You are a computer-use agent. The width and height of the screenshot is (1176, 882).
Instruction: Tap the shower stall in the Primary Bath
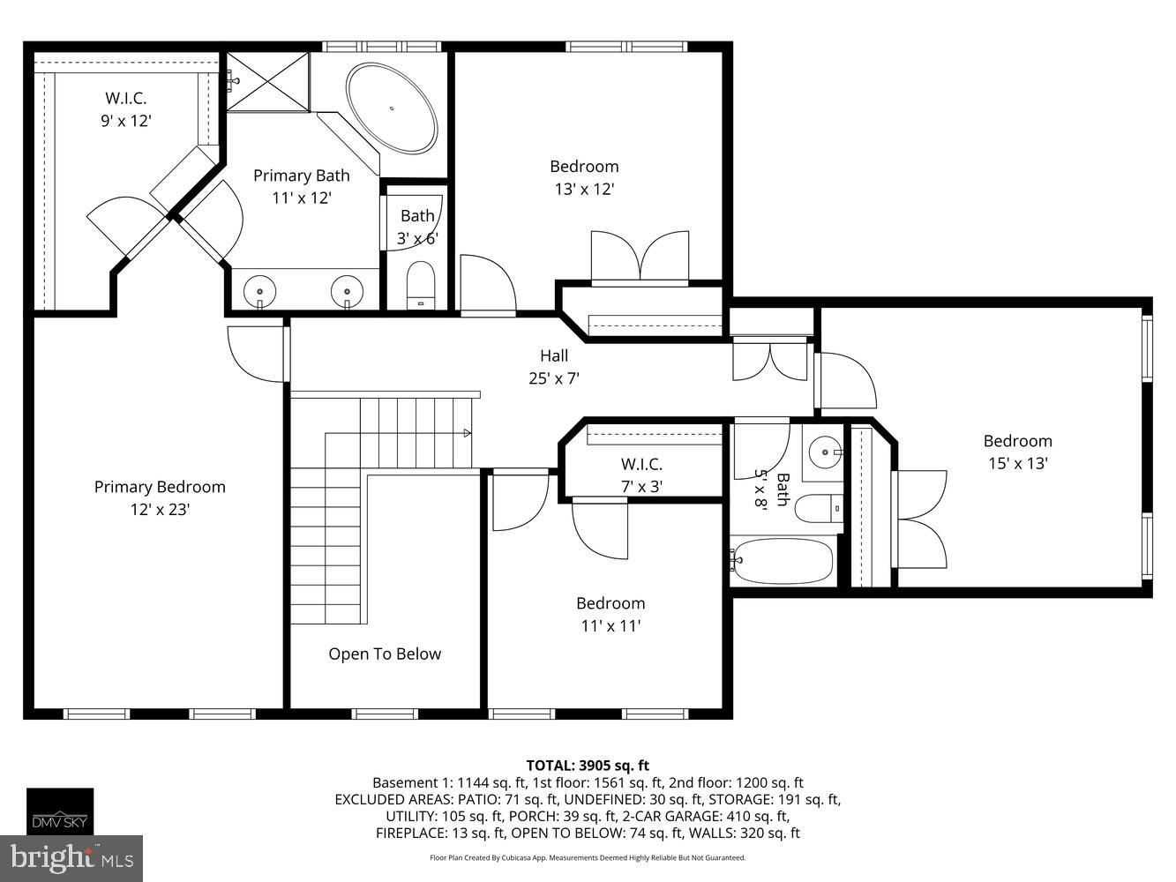pos(269,81)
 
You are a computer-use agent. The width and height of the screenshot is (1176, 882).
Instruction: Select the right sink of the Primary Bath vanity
pos(348,290)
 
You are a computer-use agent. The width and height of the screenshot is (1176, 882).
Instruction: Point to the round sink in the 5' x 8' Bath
pos(824,452)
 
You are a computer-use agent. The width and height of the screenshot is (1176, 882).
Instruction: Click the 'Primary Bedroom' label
pos(160,487)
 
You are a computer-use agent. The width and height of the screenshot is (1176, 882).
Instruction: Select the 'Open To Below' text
pos(385,654)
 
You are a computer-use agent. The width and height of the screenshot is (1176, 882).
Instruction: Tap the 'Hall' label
pos(554,355)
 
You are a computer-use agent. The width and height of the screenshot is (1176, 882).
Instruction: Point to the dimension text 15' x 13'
pos(1017,463)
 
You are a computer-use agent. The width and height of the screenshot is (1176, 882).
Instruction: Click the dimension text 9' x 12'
pos(126,120)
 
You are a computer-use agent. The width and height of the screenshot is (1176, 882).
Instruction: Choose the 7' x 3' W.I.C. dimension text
pos(641,485)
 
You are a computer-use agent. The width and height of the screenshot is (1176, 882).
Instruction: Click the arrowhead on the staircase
pos(467,433)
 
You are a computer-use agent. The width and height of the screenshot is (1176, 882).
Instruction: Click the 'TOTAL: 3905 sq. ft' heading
pos(588,765)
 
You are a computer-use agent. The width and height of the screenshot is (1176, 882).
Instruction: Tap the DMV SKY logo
pos(60,811)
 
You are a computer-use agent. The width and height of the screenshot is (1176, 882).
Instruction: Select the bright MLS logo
pos(72,858)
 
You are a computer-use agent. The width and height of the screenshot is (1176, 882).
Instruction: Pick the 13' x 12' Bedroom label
pos(584,166)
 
